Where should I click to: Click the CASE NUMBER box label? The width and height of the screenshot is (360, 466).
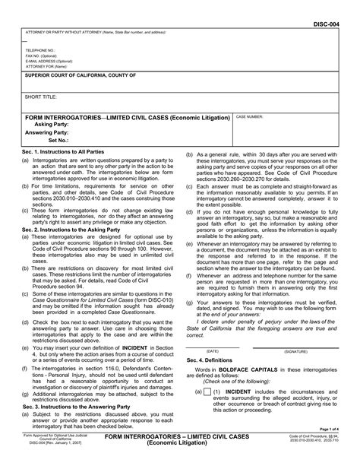tap(251, 118)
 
